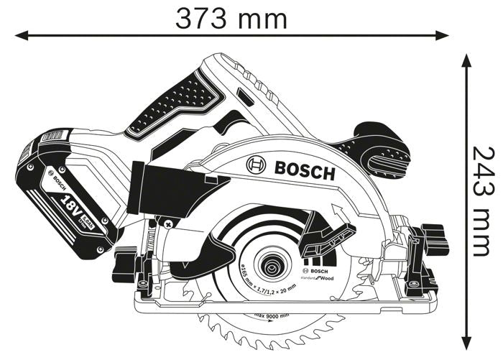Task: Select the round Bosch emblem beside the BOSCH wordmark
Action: [257, 166]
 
